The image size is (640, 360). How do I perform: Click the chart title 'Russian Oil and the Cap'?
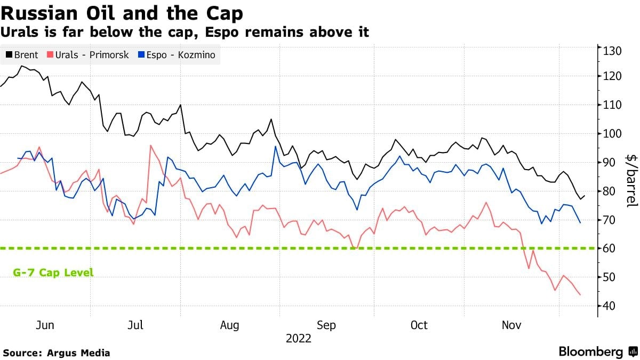(122, 12)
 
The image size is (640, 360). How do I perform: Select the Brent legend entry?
(22, 54)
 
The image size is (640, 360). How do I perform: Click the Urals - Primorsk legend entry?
(88, 54)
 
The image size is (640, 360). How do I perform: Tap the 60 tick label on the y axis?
(610, 248)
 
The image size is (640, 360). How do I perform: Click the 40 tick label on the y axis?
(610, 306)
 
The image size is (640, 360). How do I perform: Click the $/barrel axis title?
(631, 181)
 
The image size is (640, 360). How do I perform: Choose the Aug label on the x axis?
(230, 325)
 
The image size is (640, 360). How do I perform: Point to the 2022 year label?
(299, 338)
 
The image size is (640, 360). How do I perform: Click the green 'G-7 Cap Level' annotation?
(53, 273)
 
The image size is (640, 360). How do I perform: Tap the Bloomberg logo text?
(591, 352)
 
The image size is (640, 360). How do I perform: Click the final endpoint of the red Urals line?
(580, 295)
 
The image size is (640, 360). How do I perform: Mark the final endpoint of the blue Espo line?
(580, 222)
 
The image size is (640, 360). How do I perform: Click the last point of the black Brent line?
(585, 196)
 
